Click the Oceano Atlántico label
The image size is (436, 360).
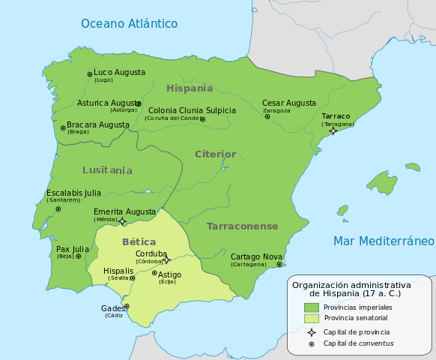click(x=129, y=23)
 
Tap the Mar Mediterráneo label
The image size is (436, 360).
click(x=384, y=241)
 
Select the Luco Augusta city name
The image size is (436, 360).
click(x=119, y=73)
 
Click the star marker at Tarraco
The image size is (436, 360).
click(x=333, y=131)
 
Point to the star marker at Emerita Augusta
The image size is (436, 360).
click(x=123, y=221)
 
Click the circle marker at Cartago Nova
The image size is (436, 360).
click(x=279, y=264)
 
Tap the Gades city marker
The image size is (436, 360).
click(x=127, y=306)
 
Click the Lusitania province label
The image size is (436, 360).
click(x=107, y=170)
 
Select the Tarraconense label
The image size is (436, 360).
click(x=242, y=226)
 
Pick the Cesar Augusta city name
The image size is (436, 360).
click(x=288, y=103)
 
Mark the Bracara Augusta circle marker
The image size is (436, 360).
click(x=63, y=128)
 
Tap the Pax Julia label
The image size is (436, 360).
click(x=73, y=248)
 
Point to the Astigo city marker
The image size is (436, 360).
click(x=154, y=273)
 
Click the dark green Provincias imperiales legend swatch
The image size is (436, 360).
click(x=312, y=307)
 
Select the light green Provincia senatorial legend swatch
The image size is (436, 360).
click(x=312, y=318)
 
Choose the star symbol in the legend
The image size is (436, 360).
click(x=311, y=331)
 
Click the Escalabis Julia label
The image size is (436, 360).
click(x=74, y=193)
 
